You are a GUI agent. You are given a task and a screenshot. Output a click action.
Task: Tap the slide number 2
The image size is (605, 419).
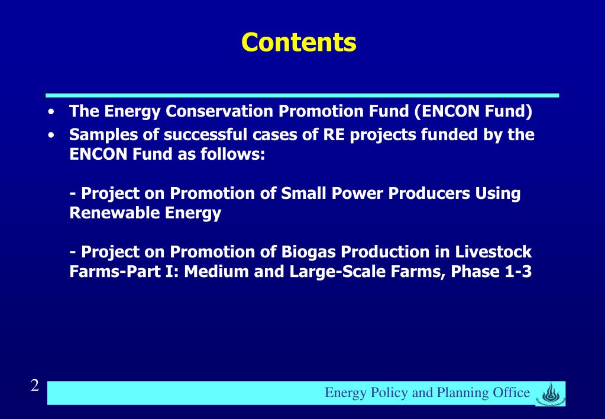pyautogui.click(x=35, y=386)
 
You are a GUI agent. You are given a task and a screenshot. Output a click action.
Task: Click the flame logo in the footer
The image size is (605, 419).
pyautogui.click(x=550, y=393)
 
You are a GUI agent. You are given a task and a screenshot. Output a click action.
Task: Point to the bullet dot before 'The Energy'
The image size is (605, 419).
pyautogui.click(x=54, y=112)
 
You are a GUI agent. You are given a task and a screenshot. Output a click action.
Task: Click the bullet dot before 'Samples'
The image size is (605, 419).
pyautogui.click(x=54, y=136)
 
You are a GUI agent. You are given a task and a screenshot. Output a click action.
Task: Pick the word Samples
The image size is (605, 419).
pyautogui.click(x=104, y=136)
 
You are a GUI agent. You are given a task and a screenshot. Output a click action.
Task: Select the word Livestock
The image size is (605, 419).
pyautogui.click(x=494, y=252)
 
